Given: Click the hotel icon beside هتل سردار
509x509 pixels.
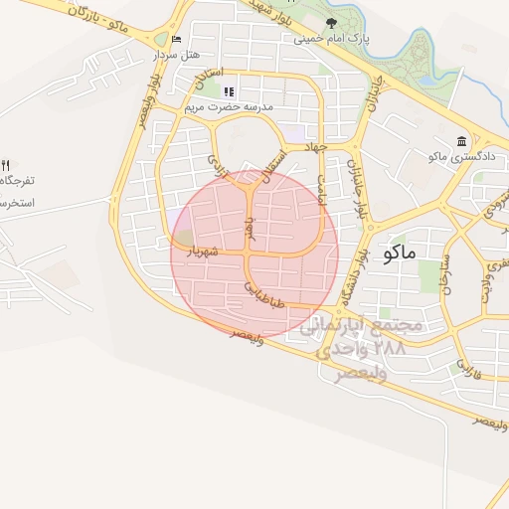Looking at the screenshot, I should (x=177, y=39).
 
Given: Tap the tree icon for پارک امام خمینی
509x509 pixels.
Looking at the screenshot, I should (x=331, y=23).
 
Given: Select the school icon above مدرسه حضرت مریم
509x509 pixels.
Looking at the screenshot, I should (x=230, y=91).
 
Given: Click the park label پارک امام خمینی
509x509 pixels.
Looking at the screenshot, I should (x=332, y=40).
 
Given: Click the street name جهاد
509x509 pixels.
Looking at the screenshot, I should (x=316, y=147).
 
